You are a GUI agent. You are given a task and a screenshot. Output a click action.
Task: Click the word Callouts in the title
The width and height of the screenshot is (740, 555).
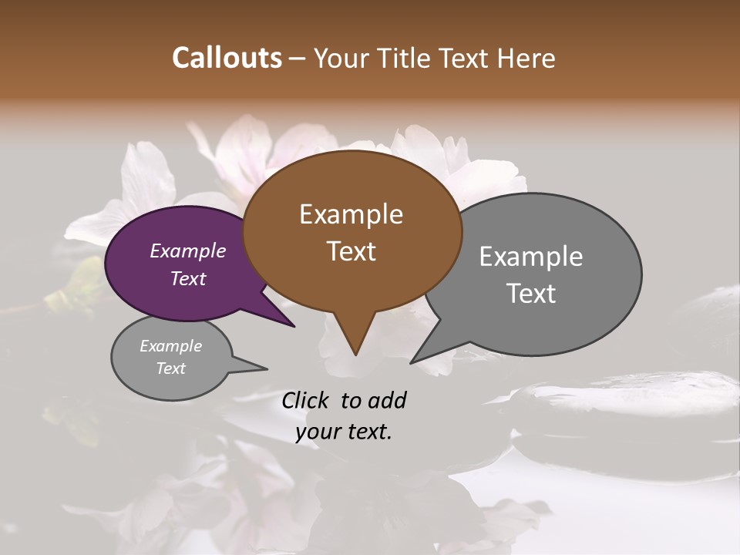point(227,58)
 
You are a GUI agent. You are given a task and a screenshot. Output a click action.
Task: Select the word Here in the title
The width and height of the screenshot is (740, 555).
point(526,58)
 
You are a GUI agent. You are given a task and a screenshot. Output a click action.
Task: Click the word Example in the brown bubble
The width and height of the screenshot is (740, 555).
point(351,214)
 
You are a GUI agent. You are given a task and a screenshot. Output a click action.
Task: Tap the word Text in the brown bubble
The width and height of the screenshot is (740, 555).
point(351,251)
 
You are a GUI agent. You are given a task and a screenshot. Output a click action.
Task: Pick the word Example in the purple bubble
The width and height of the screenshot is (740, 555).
point(188,251)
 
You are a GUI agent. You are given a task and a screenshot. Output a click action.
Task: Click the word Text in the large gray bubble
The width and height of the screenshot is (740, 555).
point(531,294)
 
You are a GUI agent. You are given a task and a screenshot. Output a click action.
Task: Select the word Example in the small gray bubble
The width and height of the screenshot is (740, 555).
point(170,346)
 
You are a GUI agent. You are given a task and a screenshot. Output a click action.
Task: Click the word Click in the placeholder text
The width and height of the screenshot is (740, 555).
point(307,400)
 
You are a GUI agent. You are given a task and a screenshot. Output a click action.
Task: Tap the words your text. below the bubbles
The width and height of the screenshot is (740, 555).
point(344,432)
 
